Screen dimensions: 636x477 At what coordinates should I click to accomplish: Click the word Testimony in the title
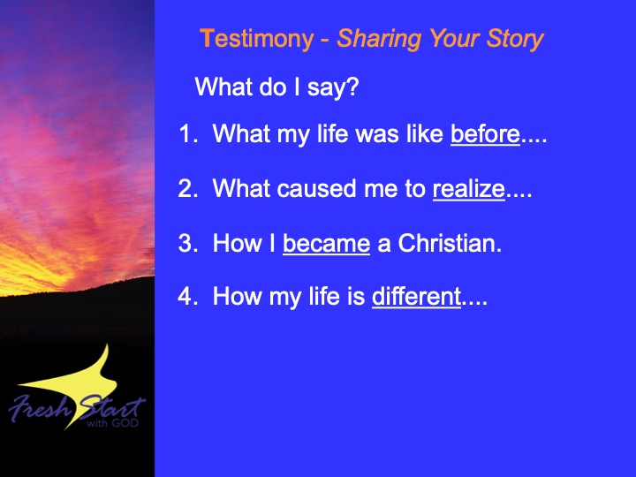(x=257, y=40)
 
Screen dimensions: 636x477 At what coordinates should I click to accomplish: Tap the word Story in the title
(x=515, y=40)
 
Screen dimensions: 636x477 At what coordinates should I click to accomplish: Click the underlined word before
(x=485, y=134)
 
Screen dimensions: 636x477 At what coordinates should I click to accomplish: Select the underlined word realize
(x=469, y=189)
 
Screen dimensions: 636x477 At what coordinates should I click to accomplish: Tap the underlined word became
(x=327, y=244)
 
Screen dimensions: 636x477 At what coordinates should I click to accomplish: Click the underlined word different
(x=416, y=296)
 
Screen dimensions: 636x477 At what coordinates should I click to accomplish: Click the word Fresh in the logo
(x=40, y=408)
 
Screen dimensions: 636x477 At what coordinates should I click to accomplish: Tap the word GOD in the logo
(x=125, y=423)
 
